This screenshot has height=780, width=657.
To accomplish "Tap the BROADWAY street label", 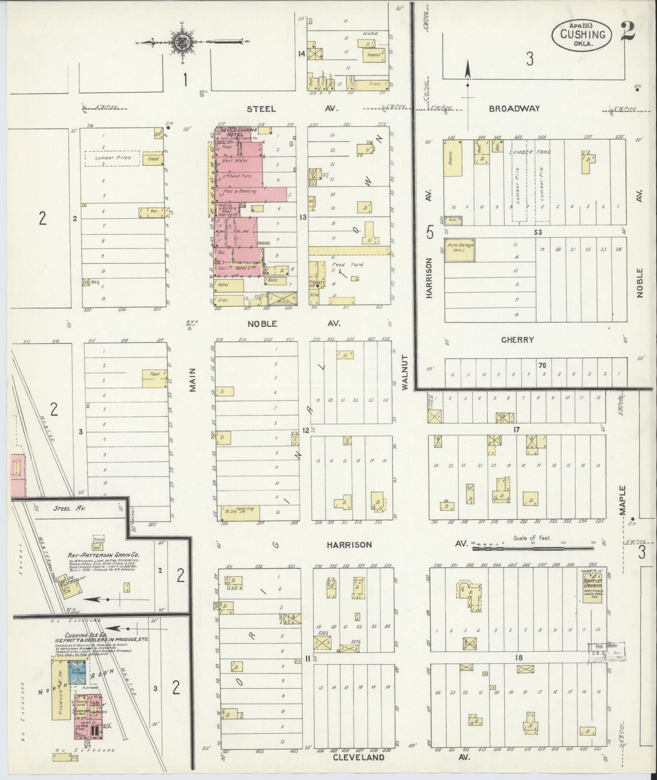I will click(514, 109).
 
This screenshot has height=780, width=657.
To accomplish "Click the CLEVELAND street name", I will click(359, 757).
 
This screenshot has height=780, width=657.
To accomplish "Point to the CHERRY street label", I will click(517, 340).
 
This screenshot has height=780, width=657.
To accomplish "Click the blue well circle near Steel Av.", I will click(201, 96).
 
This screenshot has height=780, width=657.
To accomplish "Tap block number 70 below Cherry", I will click(542, 365).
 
